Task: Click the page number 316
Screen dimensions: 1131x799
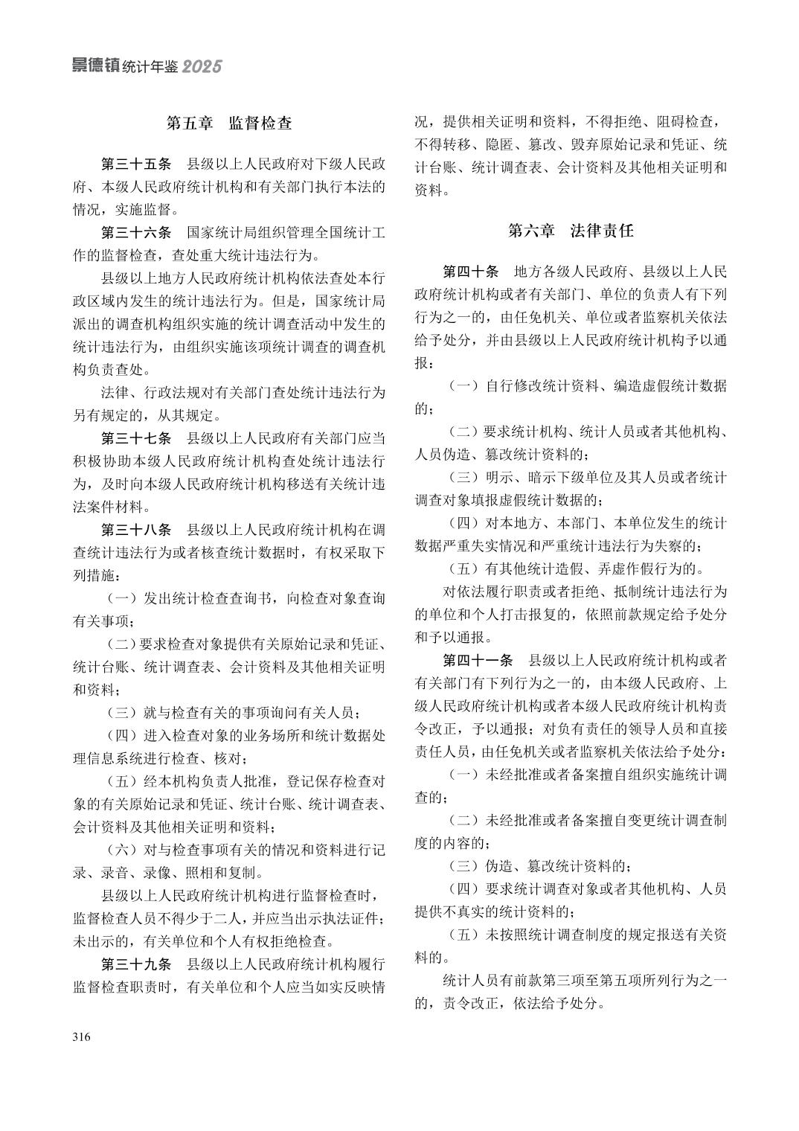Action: coord(81,1037)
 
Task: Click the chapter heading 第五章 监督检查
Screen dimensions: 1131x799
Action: coord(228,124)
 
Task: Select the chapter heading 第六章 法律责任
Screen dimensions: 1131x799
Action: coord(571,231)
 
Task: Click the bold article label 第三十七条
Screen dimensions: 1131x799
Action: coord(136,438)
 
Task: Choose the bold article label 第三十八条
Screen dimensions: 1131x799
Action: coord(136,531)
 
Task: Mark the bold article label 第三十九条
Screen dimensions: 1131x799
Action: coord(136,965)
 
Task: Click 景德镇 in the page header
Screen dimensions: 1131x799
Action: coord(94,66)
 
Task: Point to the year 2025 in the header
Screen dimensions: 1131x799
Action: coord(202,67)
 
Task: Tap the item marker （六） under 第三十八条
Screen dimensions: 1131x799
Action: coord(122,850)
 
